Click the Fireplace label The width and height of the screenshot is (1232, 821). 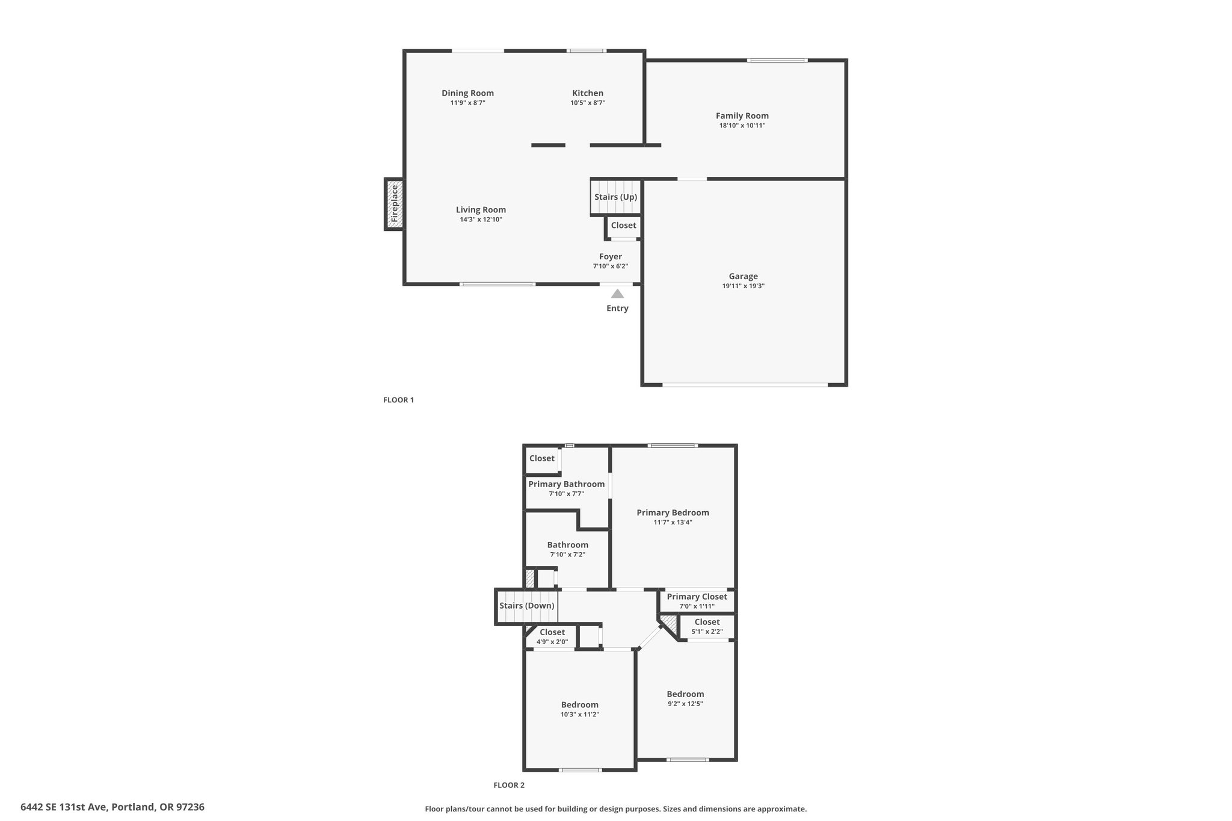pyautogui.click(x=395, y=204)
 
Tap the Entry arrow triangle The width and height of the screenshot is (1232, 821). pyautogui.click(x=617, y=294)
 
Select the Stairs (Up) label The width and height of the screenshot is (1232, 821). pyautogui.click(x=615, y=197)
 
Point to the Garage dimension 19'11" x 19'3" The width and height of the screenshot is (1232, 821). pyautogui.click(x=744, y=286)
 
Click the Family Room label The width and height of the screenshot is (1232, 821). pyautogui.click(x=742, y=116)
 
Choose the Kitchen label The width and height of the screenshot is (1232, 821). pyautogui.click(x=588, y=93)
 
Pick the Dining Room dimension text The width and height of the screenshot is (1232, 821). pyautogui.click(x=468, y=103)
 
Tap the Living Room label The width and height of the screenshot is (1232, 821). pyautogui.click(x=481, y=210)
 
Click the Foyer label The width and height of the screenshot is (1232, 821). pyautogui.click(x=611, y=257)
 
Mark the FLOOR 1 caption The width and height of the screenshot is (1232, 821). pyautogui.click(x=399, y=400)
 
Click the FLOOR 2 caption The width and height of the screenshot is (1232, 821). pyautogui.click(x=509, y=785)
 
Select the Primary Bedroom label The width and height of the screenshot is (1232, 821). pyautogui.click(x=673, y=513)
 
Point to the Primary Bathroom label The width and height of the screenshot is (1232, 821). pyautogui.click(x=567, y=484)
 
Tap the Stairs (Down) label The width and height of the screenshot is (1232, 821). pyautogui.click(x=527, y=606)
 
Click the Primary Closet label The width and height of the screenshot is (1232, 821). pyautogui.click(x=697, y=597)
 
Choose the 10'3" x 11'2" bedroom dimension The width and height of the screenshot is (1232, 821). pyautogui.click(x=580, y=715)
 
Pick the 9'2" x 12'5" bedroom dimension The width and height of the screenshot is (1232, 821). pyautogui.click(x=685, y=704)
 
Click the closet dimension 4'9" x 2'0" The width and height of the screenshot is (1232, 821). pyautogui.click(x=552, y=642)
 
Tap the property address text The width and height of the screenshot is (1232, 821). pyautogui.click(x=112, y=807)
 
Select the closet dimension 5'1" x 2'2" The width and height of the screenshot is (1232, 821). pyautogui.click(x=707, y=632)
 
